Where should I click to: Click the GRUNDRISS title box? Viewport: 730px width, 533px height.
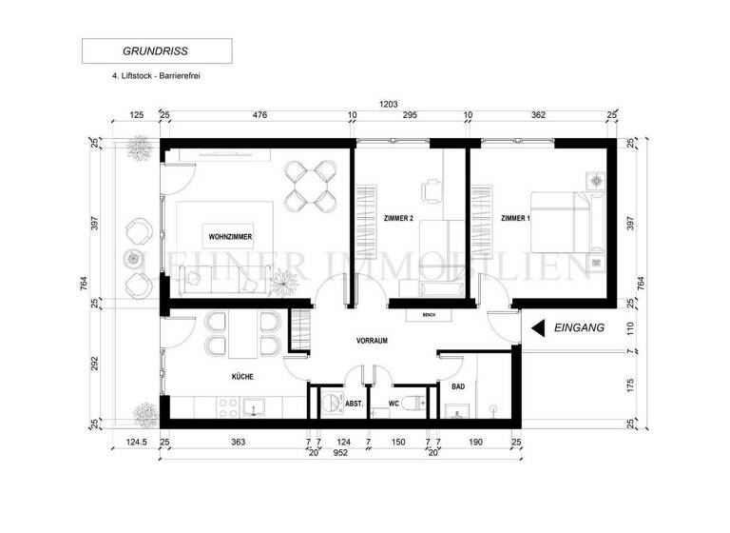(157, 50)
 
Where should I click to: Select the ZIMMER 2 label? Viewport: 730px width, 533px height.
(397, 219)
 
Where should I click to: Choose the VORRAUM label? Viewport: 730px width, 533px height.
(373, 340)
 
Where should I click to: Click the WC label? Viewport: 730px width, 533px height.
(394, 404)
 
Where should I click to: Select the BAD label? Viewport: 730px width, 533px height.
(457, 385)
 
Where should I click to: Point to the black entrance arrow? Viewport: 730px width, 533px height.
(537, 327)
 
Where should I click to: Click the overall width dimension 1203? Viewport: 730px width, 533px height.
(387, 105)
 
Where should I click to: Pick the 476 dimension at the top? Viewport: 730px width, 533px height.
(259, 115)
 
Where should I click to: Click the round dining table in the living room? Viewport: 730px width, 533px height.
(313, 186)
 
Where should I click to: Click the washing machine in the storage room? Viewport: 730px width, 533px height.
(333, 404)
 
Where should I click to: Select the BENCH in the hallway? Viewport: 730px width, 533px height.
(428, 313)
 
